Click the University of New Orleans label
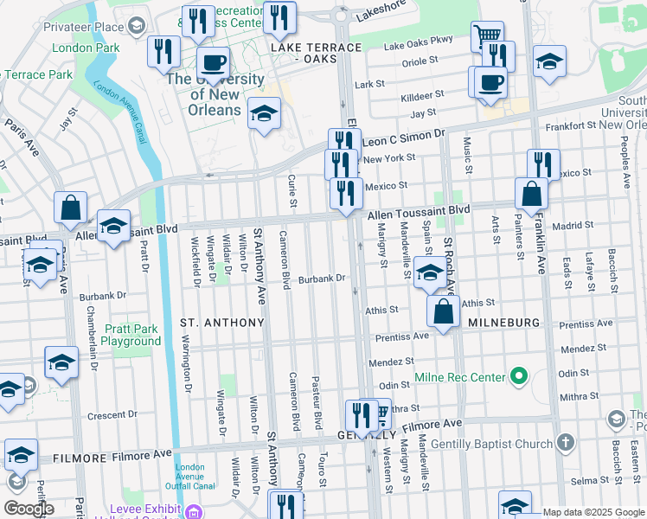coord(215,94)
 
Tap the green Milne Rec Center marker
coord(518,376)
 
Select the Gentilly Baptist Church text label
coord(502,445)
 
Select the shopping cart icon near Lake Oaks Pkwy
coord(487,37)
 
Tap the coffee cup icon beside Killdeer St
coord(490,82)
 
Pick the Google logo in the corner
coord(29,509)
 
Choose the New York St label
coord(389,157)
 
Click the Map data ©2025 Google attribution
coord(593,512)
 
